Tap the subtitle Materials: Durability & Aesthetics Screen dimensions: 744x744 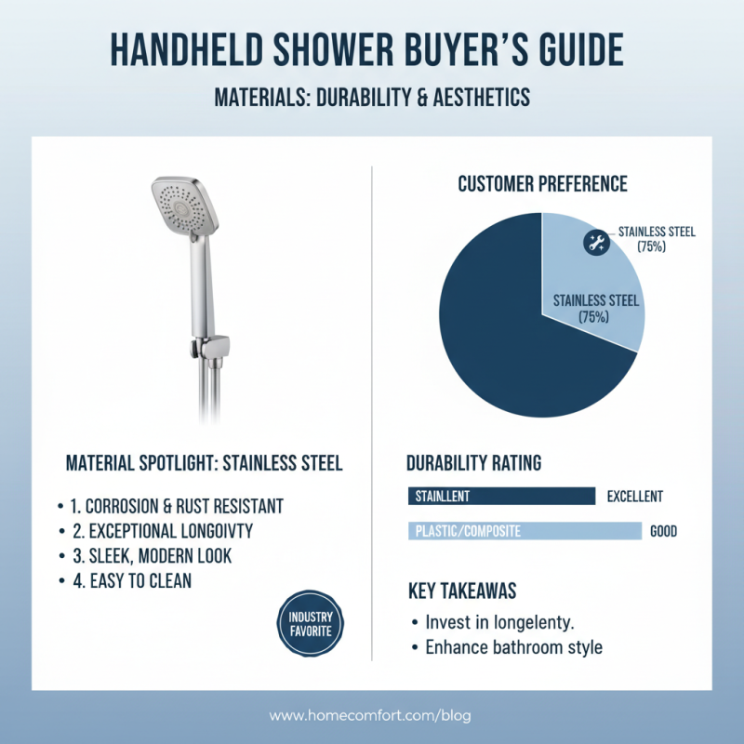pos(372,97)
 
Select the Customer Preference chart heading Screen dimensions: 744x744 pos(542,184)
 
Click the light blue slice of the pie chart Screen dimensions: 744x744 pos(595,279)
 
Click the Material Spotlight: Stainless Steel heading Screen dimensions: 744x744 pos(204,462)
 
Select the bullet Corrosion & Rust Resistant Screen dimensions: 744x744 pos(177,507)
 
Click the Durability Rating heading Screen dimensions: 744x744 pos(474,462)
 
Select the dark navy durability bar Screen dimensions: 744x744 pos(501,497)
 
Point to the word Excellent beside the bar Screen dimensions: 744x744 pos(635,497)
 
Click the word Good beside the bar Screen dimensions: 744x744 pos(664,532)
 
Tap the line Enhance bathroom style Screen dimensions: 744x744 pos(513,647)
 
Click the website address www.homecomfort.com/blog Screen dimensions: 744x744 pos(371,716)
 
